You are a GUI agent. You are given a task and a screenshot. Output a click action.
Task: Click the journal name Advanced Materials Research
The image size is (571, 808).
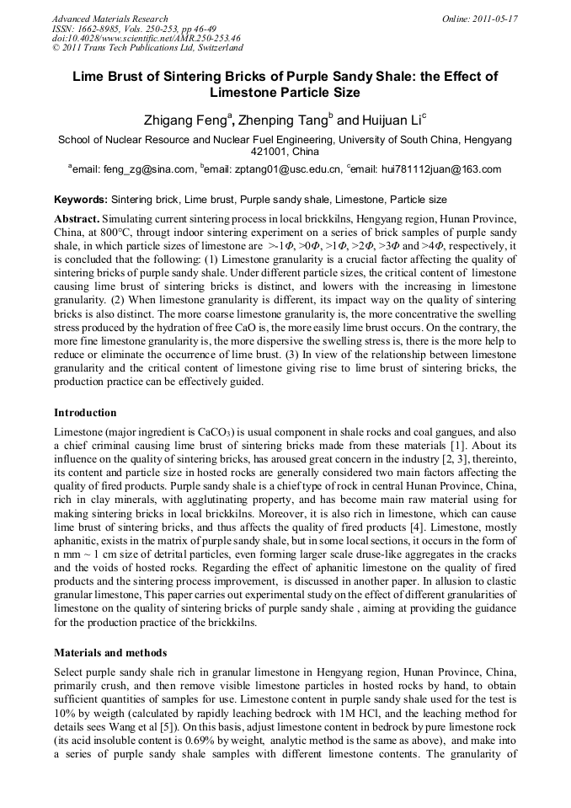tap(109, 19)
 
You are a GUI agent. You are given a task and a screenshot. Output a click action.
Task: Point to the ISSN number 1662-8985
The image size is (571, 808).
tap(102, 29)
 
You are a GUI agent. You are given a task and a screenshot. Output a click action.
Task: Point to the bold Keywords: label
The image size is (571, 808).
tap(81, 200)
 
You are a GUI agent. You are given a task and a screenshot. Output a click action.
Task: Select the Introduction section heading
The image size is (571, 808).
tap(85, 413)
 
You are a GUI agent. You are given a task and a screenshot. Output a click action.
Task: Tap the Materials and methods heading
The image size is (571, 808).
tap(109, 652)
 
